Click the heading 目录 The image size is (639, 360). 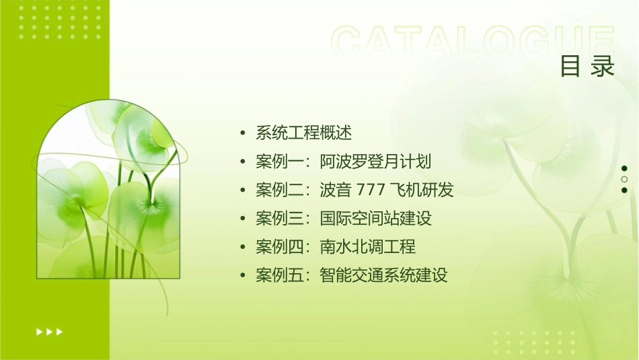click(587, 66)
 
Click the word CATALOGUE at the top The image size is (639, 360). click(473, 42)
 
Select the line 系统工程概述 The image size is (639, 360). click(304, 133)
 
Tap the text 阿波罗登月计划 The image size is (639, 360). click(375, 161)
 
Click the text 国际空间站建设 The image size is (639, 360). click(375, 218)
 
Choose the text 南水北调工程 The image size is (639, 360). click(368, 246)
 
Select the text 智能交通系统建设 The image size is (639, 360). click(383, 275)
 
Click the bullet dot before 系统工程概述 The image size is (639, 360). click(243, 133)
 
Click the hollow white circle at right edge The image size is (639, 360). click(624, 180)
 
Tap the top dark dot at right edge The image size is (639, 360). click(624, 168)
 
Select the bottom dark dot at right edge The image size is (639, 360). click(624, 190)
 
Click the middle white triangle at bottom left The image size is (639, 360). click(49, 331)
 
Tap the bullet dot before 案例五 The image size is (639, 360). click(243, 275)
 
